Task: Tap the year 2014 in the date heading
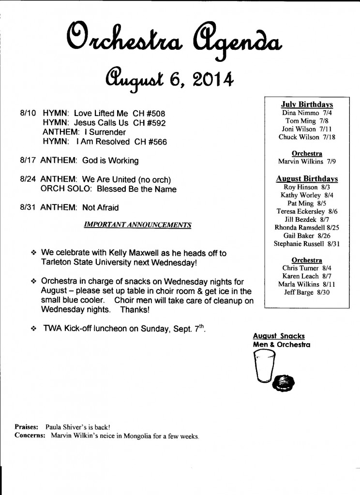(x=210, y=77)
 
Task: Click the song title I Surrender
(x=104, y=132)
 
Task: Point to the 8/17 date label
(x=29, y=160)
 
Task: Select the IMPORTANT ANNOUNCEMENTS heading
(x=137, y=225)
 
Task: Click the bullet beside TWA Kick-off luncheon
(x=33, y=328)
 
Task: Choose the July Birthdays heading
(x=307, y=104)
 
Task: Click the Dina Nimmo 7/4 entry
(x=307, y=113)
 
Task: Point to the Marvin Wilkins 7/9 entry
(x=307, y=161)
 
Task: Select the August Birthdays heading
(x=307, y=179)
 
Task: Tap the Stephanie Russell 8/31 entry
(x=307, y=244)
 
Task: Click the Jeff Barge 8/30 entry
(x=307, y=293)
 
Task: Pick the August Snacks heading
(x=279, y=336)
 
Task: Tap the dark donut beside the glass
(x=282, y=382)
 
